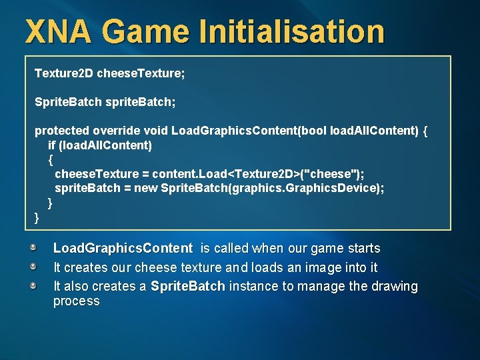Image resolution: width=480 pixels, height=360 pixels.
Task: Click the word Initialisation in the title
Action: click(295, 32)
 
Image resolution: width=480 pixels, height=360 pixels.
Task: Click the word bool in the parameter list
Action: click(314, 130)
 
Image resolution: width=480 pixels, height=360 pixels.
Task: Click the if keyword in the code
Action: click(51, 145)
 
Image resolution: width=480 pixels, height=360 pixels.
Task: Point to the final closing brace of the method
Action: click(37, 217)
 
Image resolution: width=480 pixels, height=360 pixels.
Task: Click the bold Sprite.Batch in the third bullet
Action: click(187, 287)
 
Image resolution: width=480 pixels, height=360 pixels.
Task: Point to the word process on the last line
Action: click(76, 301)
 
